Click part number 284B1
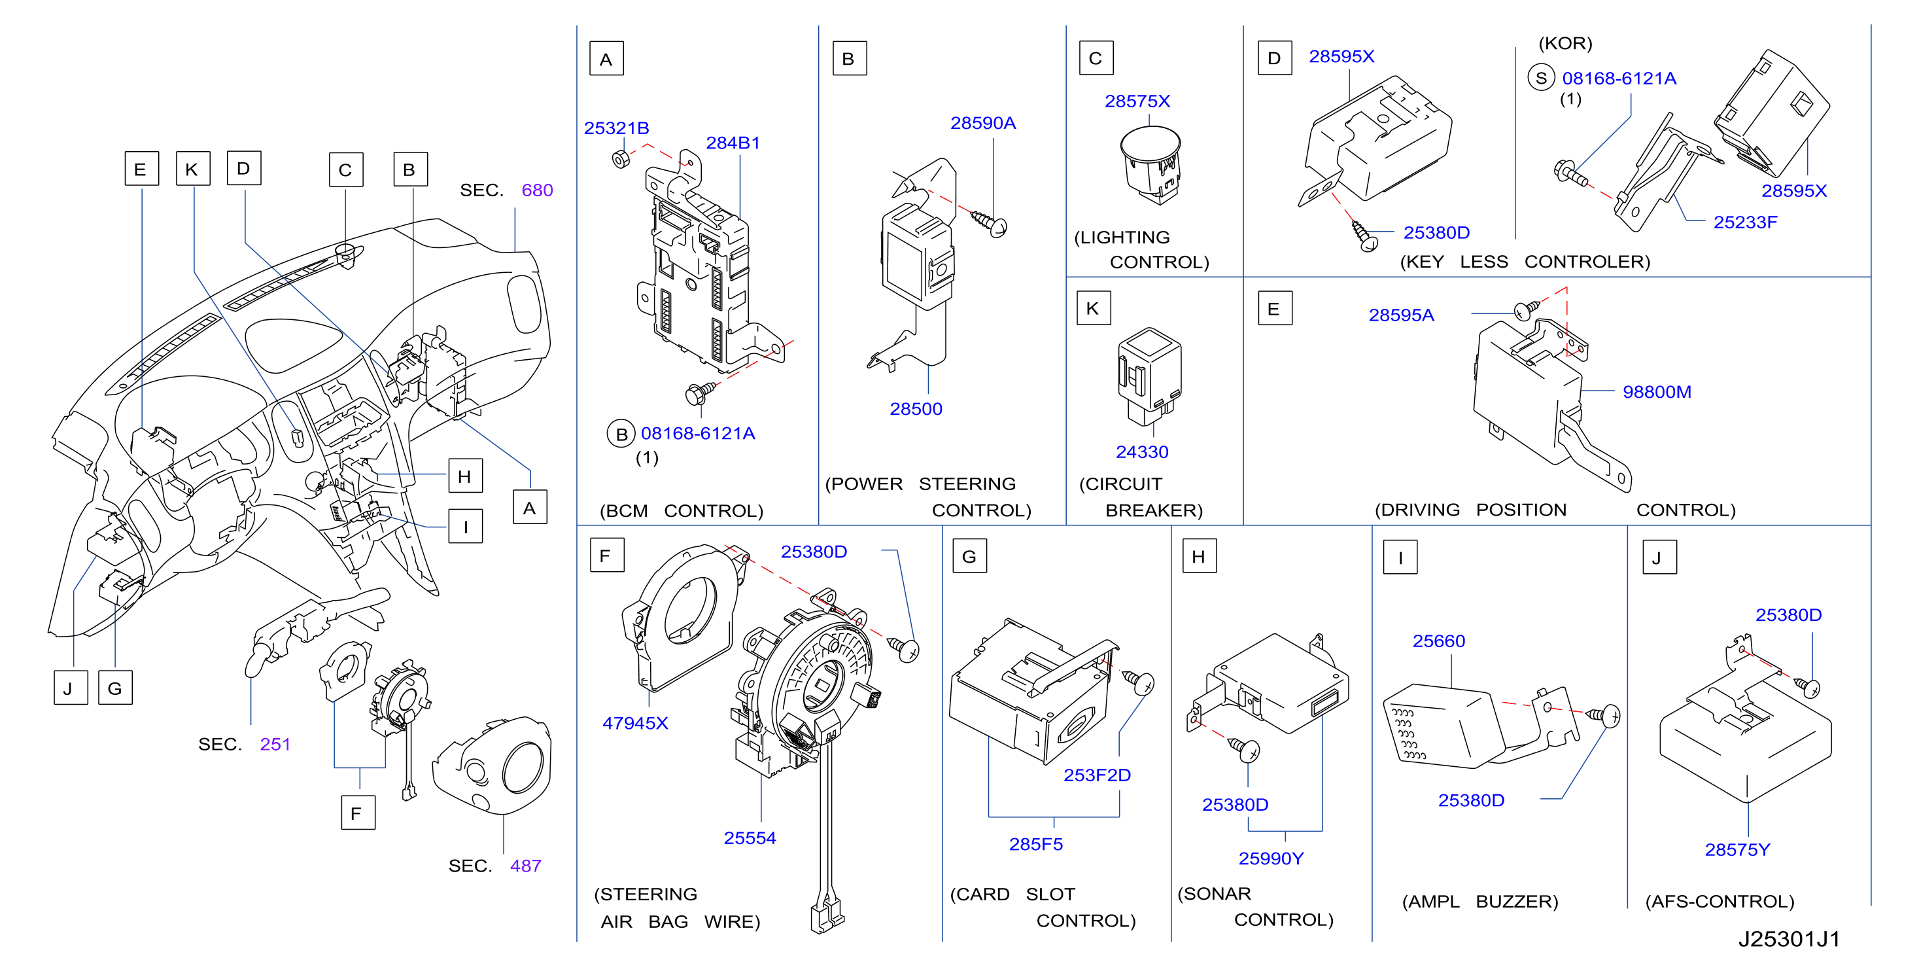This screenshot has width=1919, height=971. tap(733, 143)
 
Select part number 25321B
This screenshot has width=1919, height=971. tap(616, 128)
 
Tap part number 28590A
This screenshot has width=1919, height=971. tap(982, 123)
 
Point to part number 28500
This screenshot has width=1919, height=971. tap(916, 409)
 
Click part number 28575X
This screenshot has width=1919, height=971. tap(1137, 101)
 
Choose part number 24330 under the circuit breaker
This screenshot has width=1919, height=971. tap(1142, 452)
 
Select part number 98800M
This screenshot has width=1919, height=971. tap(1657, 392)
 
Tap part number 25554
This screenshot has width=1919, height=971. tap(750, 838)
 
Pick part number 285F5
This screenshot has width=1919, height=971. tap(1035, 844)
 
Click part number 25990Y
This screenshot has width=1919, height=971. tap(1271, 858)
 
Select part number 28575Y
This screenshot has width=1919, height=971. tap(1737, 849)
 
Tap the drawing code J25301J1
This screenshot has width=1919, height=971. tap(1789, 939)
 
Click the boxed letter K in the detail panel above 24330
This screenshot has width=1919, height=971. tap(1093, 309)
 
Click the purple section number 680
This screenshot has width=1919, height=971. tap(537, 191)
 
